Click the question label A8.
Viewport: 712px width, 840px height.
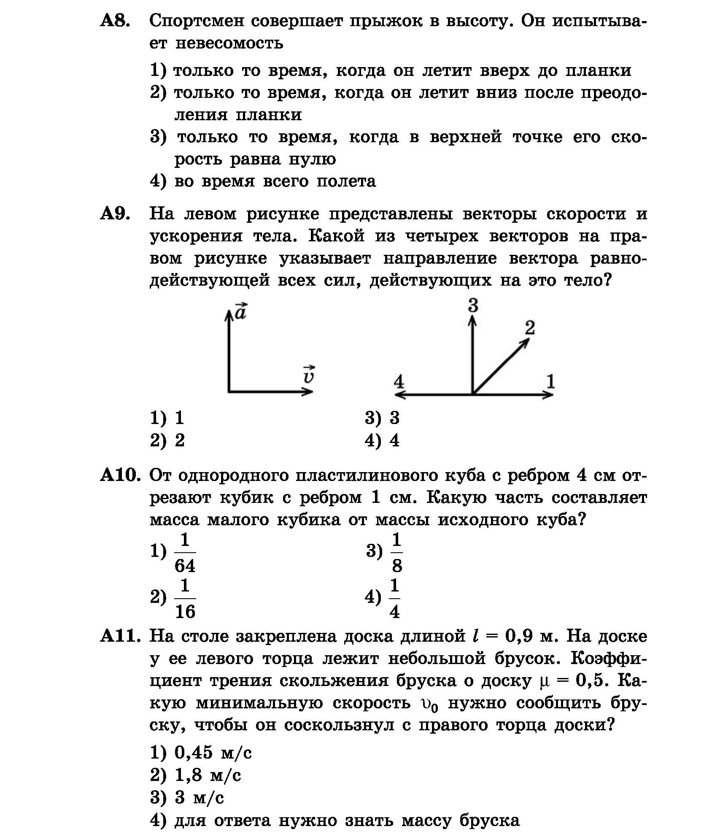pos(114,21)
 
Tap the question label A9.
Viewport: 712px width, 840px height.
pos(114,214)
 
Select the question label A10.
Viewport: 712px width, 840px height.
pos(119,475)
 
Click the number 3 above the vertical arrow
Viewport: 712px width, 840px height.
pos(473,305)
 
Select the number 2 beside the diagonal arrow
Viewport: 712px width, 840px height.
pos(530,327)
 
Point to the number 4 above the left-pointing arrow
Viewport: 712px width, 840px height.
pos(399,382)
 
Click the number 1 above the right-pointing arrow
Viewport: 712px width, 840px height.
pos(550,382)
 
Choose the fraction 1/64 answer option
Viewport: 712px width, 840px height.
pos(185,553)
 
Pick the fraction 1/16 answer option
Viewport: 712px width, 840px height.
pos(185,599)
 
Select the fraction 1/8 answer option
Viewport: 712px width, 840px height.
pos(396,553)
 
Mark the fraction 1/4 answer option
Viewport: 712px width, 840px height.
pos(394,599)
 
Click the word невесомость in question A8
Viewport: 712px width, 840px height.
pos(229,43)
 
